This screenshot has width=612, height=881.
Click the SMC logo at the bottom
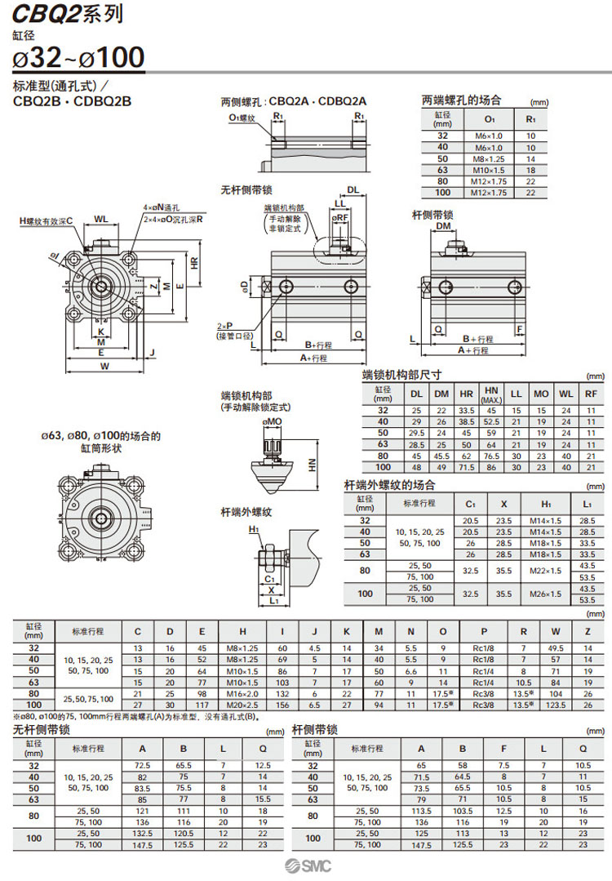(305, 866)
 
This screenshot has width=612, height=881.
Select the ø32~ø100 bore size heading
(79, 57)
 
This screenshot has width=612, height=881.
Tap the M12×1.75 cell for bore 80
(489, 181)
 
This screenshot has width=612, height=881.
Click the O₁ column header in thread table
(489, 118)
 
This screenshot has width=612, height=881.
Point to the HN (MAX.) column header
(491, 394)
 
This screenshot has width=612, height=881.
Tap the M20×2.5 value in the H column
(242, 703)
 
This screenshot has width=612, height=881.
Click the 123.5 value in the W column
(556, 703)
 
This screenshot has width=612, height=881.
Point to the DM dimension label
(443, 226)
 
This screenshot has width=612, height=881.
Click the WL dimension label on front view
(100, 218)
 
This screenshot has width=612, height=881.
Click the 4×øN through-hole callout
(161, 208)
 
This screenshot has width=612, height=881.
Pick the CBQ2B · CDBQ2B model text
(73, 102)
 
